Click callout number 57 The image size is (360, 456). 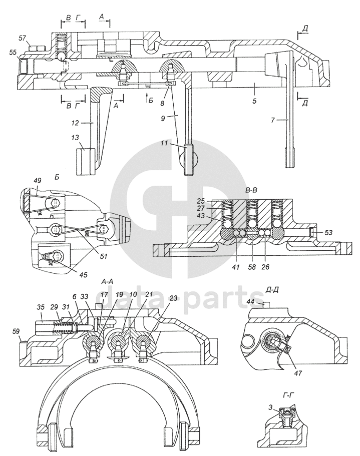click(x=23, y=38)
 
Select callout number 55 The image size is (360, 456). click(x=13, y=53)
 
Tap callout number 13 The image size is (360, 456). click(x=75, y=138)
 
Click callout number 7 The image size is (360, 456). click(x=273, y=120)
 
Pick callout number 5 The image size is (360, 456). click(x=254, y=101)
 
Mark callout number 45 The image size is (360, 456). click(x=83, y=274)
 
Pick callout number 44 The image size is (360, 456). click(x=251, y=302)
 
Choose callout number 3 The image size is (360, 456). click(x=270, y=408)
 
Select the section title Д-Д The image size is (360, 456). click(x=273, y=290)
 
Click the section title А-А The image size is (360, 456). click(x=107, y=281)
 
